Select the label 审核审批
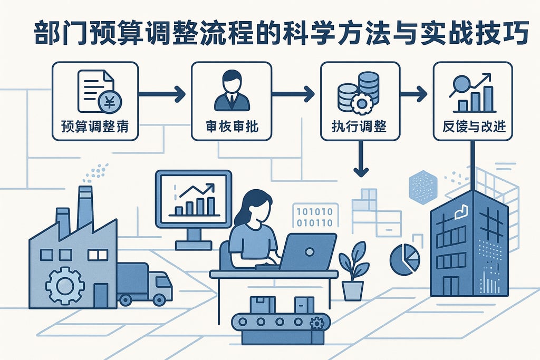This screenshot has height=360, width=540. pos(231,127)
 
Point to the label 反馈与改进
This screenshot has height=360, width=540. pos(472,127)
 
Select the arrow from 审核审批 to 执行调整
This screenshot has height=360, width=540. pos(293,95)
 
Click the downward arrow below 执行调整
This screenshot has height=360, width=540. pos(361,161)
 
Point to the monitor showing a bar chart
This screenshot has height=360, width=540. pos(193,198)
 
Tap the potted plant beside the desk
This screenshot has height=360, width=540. pos(353,271)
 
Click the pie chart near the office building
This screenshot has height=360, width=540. pos(404,259)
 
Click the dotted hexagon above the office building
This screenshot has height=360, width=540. pos(423,186)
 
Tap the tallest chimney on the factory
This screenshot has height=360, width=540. pos(85,206)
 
